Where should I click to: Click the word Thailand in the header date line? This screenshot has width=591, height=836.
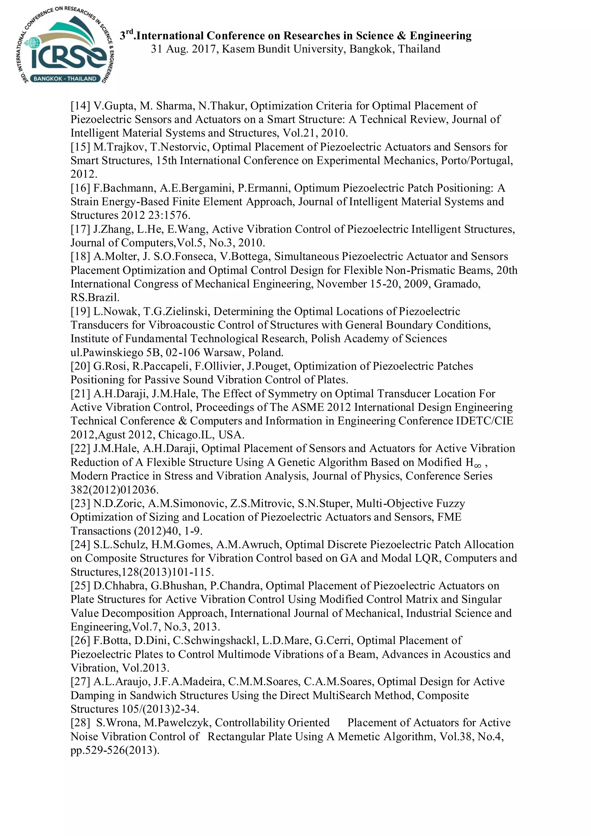tap(419, 49)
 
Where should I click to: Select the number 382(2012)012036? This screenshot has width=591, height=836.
tap(114, 489)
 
